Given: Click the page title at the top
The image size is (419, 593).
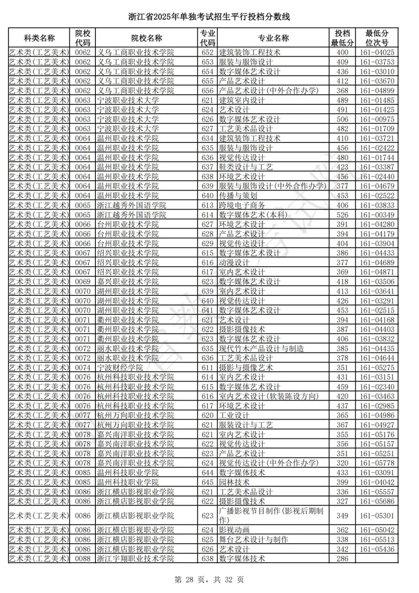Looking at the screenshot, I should pos(209,17).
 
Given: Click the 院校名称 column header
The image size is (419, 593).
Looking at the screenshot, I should pos(147,38).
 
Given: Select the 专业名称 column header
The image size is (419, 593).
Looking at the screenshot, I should pos(273,38).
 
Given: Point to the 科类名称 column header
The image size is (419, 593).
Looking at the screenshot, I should pos(39,38).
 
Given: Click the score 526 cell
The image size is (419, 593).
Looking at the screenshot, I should pos(343,215).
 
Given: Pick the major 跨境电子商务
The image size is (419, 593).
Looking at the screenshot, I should pos(242,205).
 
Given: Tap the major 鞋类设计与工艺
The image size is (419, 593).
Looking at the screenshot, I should pos(246,167).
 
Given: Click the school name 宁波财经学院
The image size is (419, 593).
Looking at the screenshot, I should pos(120,368).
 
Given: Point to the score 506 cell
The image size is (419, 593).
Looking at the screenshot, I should pos(343,119).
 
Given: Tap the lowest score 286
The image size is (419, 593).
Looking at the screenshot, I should pos(343,558).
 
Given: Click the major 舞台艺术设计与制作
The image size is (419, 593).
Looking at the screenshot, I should pos(253,540).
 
